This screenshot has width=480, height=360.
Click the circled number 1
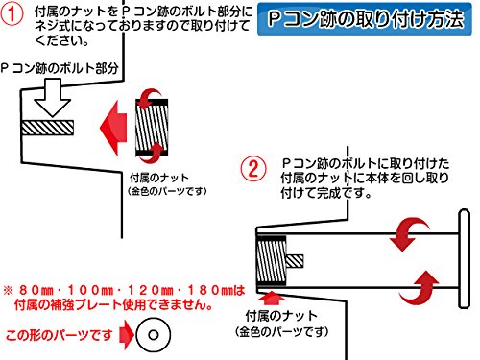pos(12,13)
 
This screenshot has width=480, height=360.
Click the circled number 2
pos(253,169)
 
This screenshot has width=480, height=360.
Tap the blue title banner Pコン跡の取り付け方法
pos(365,19)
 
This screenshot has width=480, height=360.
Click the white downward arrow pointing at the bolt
pos(52,98)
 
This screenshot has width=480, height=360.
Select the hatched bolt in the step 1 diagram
pos(47,128)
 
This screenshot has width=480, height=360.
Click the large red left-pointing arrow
pos(113,128)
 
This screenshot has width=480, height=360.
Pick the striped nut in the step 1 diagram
pos(152,128)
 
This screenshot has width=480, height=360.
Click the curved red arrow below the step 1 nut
pos(153,153)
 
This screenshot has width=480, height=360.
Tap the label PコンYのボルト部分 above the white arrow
pos(60,68)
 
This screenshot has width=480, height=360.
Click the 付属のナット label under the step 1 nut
pos(159,178)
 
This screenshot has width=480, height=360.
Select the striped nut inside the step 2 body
pos(272,261)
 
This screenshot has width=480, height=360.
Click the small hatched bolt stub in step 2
pos(295,261)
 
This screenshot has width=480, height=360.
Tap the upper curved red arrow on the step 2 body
pos(409,232)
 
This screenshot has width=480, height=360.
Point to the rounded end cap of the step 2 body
pos(465,258)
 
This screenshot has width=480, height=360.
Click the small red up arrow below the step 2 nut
pos(272,298)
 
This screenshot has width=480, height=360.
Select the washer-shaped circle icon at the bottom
pos(154,335)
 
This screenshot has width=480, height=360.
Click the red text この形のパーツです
pos(59,335)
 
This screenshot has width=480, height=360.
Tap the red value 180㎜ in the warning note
pos(211,290)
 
